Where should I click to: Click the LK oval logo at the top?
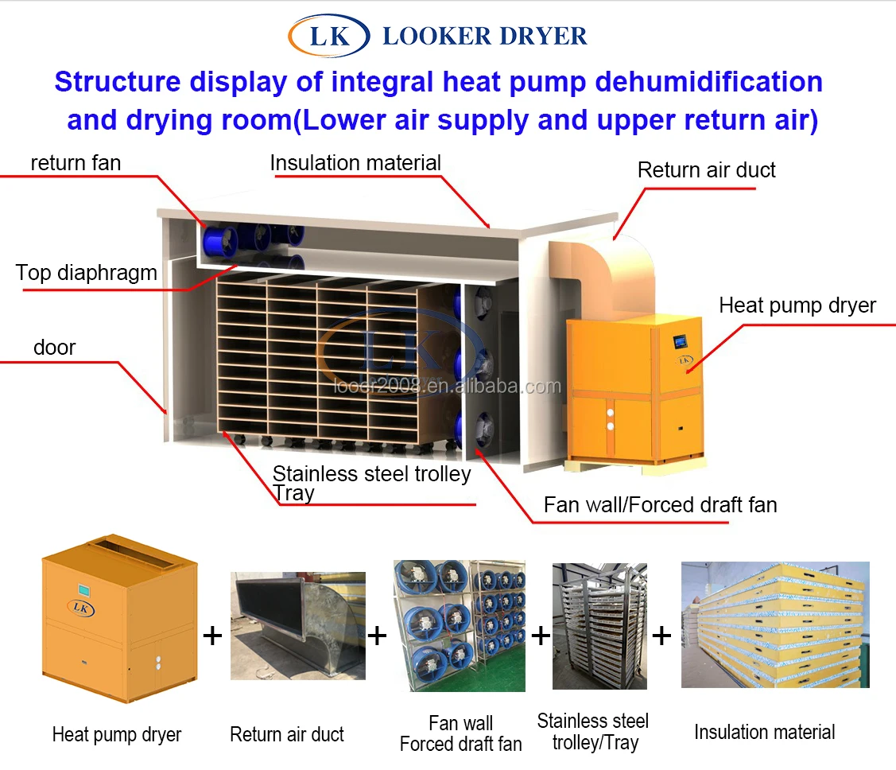coord(329,37)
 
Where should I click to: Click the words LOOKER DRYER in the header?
coord(485,37)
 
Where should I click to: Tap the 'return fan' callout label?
coord(76,164)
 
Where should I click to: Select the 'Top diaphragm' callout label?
coord(86,274)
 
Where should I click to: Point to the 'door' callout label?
coord(54,348)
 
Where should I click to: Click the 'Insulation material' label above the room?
coord(355,163)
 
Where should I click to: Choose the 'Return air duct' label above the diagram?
coord(706,170)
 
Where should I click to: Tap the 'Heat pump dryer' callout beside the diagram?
coord(797,305)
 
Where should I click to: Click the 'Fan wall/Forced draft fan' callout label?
coord(660,504)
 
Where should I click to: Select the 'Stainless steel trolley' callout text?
coord(371,474)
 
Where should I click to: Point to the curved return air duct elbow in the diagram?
coord(604,262)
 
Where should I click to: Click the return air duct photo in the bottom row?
coord(297,625)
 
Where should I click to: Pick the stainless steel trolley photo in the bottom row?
coord(599,625)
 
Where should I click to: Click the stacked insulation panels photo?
coord(774,625)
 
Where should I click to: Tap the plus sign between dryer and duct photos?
coord(212,636)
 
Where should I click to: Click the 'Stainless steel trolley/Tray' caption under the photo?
coord(592,732)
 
